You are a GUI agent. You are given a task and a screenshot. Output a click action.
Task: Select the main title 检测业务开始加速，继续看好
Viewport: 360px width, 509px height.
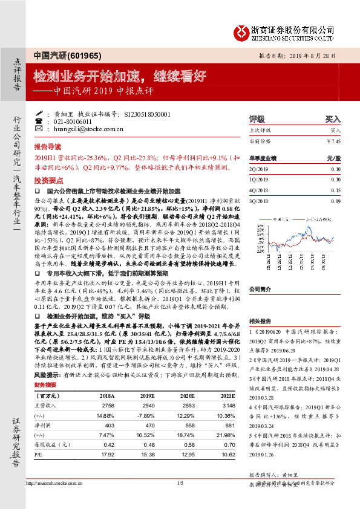120,76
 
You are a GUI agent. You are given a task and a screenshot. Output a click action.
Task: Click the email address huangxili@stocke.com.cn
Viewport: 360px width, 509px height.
80,128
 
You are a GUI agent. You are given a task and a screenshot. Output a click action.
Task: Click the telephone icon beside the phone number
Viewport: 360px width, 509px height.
39,121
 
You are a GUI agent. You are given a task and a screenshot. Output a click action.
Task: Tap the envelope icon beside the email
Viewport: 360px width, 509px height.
39,128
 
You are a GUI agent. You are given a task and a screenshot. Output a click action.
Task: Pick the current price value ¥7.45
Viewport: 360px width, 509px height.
333,140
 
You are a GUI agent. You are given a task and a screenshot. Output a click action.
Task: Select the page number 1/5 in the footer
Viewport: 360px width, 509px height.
180,482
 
